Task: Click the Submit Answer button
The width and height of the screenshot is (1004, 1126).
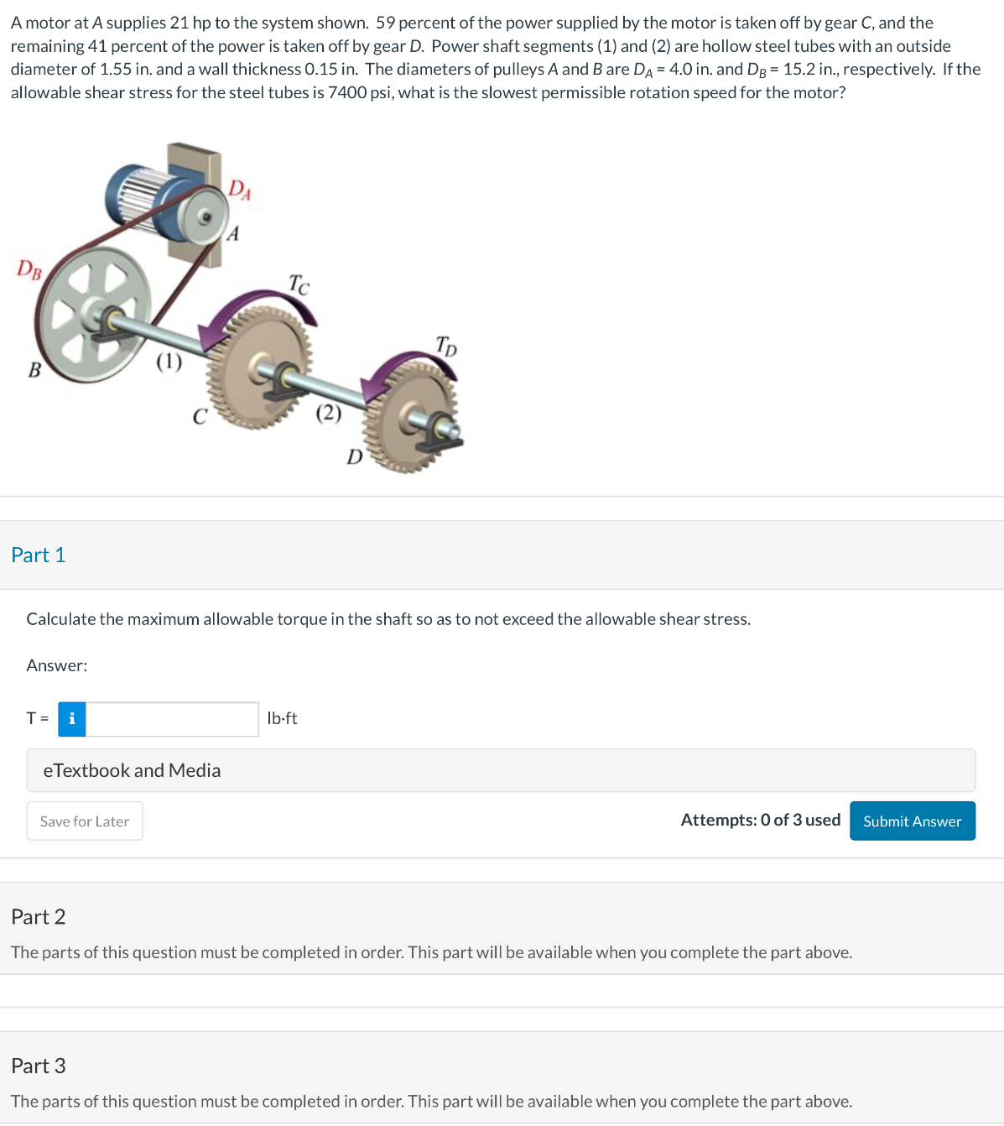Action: coord(912,821)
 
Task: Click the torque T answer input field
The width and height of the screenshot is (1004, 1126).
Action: coord(172,719)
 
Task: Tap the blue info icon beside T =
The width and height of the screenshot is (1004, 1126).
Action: coord(72,719)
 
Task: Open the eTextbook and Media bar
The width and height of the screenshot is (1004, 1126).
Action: coord(500,770)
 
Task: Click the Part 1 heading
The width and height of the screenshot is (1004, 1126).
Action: coord(39,555)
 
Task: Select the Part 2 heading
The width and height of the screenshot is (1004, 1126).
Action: coord(39,916)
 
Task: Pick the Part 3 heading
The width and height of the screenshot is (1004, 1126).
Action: coord(39,1066)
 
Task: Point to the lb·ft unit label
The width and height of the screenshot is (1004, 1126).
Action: coord(282,718)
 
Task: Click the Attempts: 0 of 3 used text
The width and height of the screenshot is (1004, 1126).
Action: coord(760,820)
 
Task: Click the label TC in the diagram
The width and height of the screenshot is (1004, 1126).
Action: coord(299,284)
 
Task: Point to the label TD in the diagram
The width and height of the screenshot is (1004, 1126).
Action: coord(446,344)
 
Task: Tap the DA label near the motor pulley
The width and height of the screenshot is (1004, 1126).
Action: coord(240,190)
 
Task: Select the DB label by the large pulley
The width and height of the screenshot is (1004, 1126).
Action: coord(29,269)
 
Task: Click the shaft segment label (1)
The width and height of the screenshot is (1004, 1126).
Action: coord(169,362)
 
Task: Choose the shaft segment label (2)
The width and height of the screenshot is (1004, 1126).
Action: coord(328,412)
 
